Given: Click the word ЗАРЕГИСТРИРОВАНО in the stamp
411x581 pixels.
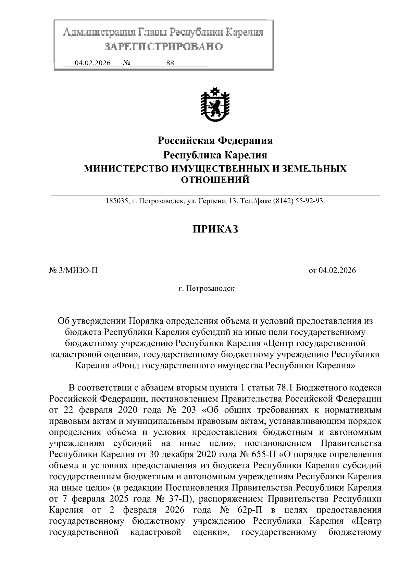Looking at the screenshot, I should (x=163, y=47).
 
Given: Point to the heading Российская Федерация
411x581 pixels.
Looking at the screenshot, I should (x=215, y=140).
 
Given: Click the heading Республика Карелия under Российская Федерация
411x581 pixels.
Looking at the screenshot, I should (x=215, y=155).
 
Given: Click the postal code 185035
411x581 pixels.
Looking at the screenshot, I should (x=116, y=201).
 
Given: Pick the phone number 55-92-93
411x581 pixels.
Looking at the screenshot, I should (x=311, y=201).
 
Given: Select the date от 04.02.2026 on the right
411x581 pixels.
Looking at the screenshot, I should (x=332, y=270).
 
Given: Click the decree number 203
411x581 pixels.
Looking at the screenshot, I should (x=187, y=410).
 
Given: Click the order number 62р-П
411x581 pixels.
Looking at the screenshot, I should (x=249, y=510).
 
